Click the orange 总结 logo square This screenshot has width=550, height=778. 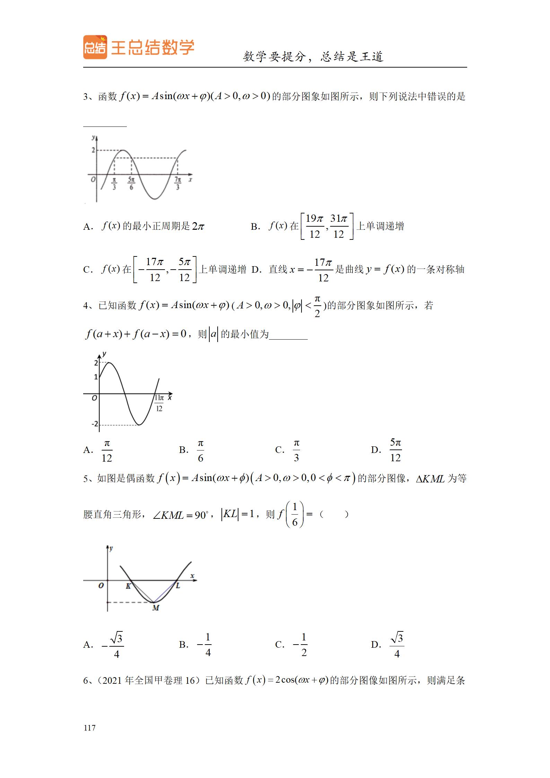coord(95,47)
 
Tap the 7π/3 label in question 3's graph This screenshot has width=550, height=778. coord(178,183)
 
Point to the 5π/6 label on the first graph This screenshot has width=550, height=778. coord(131,183)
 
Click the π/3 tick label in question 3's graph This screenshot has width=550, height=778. coord(114,183)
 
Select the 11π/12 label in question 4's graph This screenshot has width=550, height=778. coord(159,403)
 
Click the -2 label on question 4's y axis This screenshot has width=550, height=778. coord(94,424)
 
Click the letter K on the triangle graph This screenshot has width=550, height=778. coord(128,586)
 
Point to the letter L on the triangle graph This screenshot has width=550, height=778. coord(178,586)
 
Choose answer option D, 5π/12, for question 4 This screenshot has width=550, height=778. coord(395,450)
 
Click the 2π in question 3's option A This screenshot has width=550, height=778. coord(198,227)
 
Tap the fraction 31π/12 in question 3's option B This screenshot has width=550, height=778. coord(339,226)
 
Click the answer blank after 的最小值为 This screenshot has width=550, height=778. coord(288,335)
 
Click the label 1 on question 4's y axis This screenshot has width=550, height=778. coord(96,377)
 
